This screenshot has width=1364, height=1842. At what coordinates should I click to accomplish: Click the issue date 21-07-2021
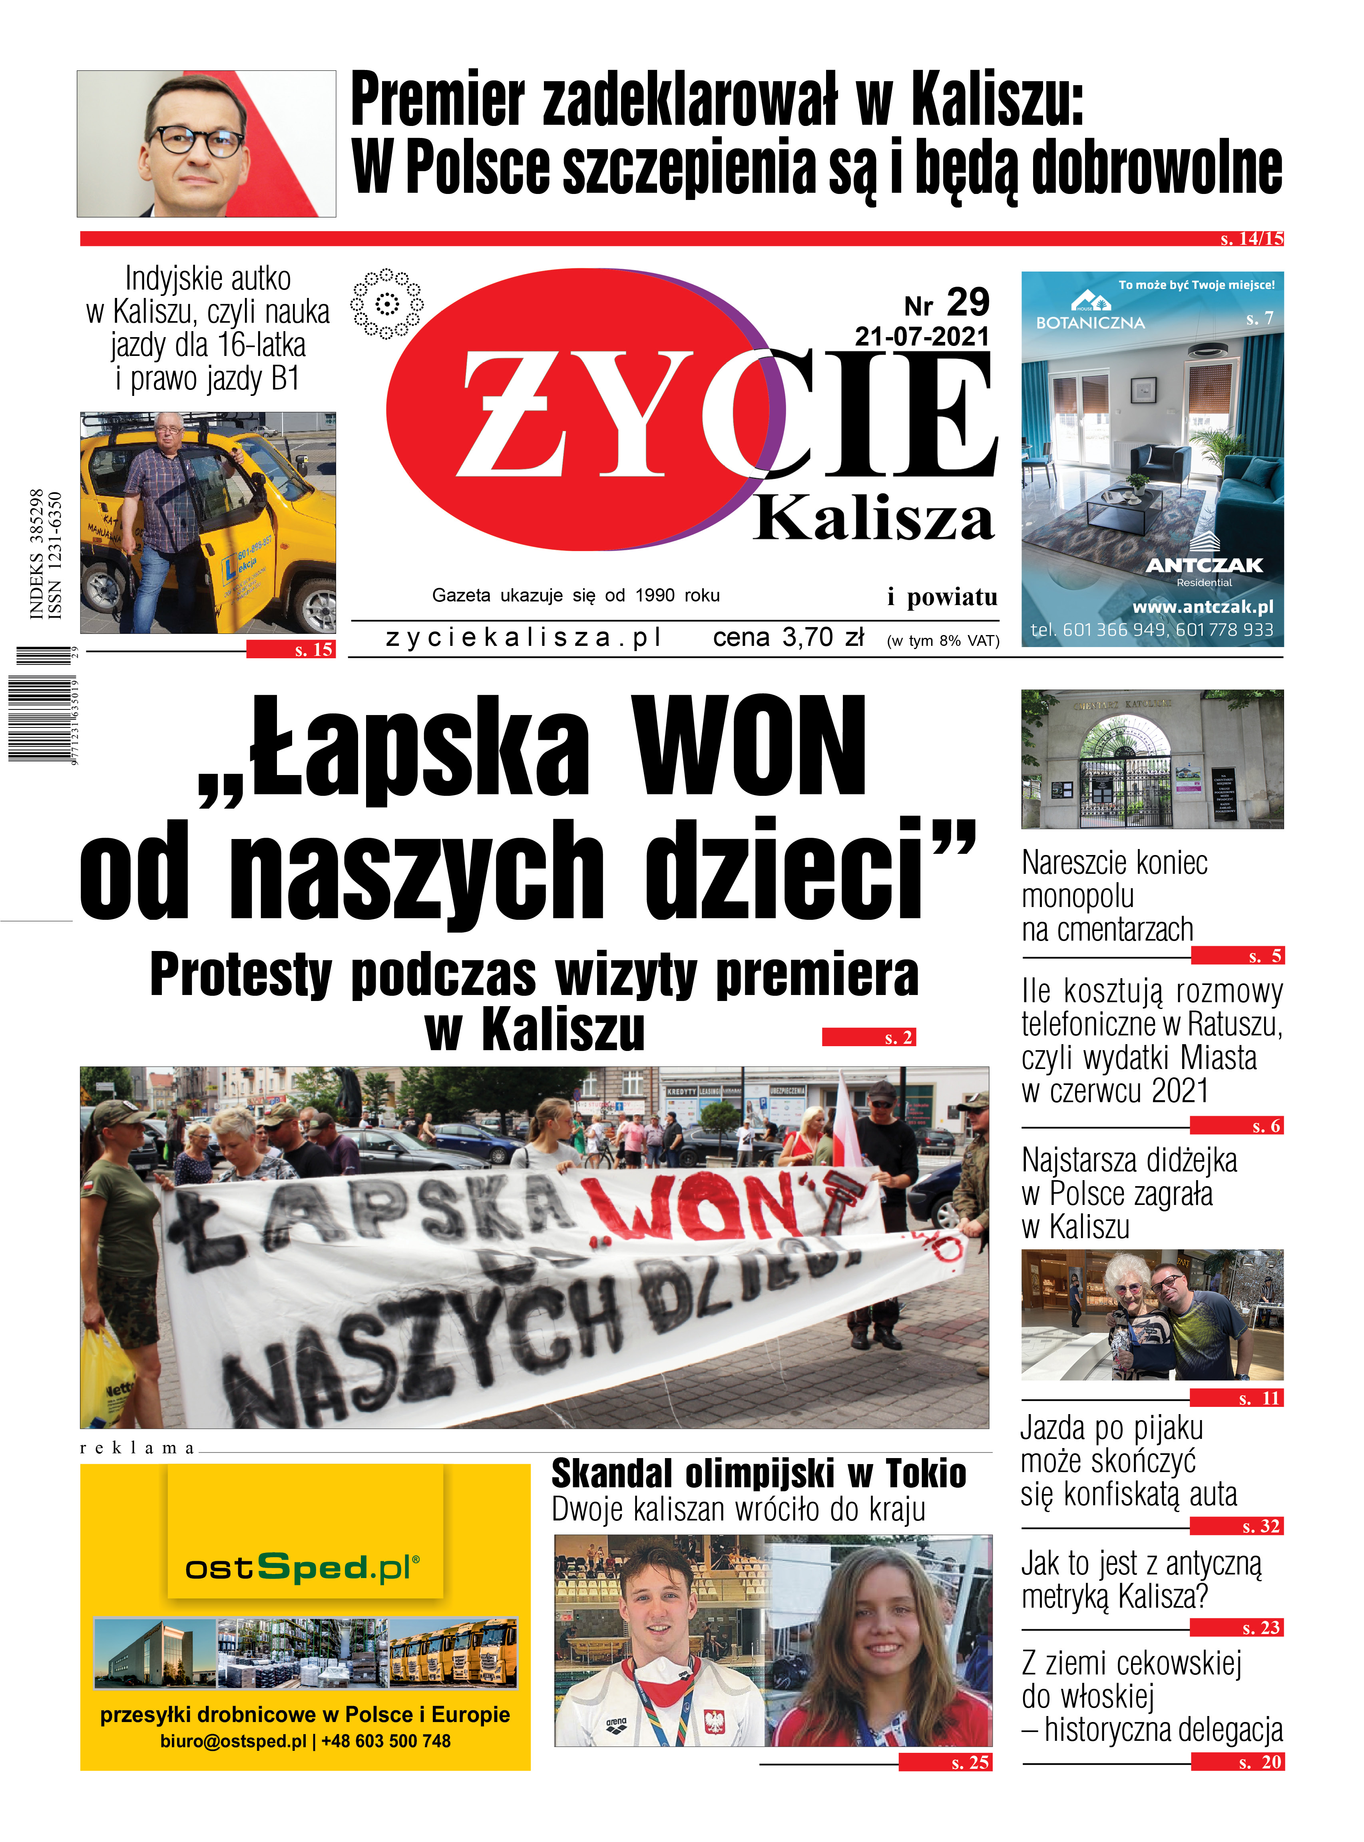pos(922,336)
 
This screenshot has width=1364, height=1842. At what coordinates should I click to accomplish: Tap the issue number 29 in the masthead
pos(968,303)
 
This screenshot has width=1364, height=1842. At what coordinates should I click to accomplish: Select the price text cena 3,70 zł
pos(789,638)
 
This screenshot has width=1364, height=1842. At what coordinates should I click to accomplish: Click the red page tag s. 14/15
pos(1251,239)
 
